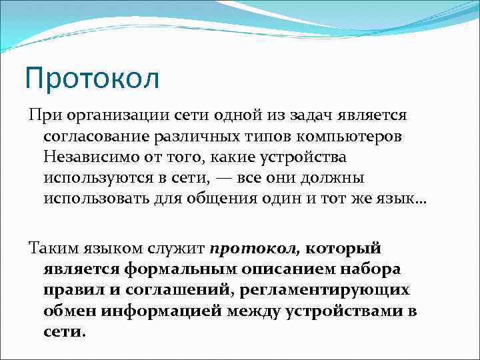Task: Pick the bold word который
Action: (344, 249)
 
